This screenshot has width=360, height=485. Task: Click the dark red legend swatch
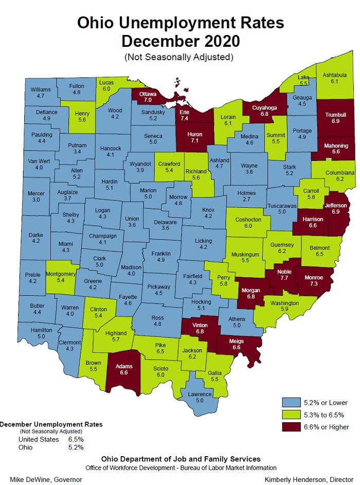tap(291, 427)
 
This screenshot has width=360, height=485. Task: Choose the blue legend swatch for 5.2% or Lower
tap(291, 402)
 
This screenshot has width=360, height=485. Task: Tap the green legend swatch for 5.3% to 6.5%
tap(291, 415)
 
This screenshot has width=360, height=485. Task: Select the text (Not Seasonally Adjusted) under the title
tap(179, 57)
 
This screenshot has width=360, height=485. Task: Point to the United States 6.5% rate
tap(76, 440)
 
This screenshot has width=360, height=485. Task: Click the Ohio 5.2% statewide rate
tap(76, 447)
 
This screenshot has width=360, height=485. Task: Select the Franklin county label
tap(160, 253)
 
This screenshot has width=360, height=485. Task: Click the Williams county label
tap(41, 89)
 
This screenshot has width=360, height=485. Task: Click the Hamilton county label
tap(42, 330)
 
